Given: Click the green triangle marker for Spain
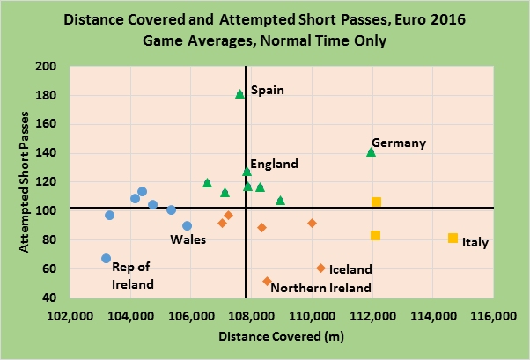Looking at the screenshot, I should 240,93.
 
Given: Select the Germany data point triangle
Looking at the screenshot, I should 371,152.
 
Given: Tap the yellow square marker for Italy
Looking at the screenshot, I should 453,238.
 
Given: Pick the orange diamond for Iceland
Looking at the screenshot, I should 320,268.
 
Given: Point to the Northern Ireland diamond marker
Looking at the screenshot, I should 267,282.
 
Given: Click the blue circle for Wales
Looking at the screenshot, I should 187,226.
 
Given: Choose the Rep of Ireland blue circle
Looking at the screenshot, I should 107,258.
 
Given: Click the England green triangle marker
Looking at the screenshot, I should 247,171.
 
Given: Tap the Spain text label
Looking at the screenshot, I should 266,90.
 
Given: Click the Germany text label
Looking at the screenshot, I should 399,143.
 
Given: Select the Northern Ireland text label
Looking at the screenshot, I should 320,287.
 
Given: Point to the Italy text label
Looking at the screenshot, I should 475,242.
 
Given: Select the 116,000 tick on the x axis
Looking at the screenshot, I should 491,316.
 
